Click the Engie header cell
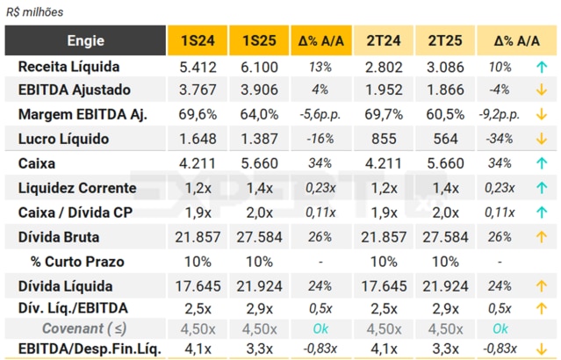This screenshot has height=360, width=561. coord(85,40)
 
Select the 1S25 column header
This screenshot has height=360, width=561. coord(258,40)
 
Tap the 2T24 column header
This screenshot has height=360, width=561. coord(383,40)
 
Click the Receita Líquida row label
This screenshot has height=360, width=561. coord(68,67)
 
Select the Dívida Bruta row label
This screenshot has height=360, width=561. coord(58,236)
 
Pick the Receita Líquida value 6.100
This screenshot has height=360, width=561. coord(258,67)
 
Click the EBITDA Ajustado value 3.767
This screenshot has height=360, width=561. coord(198,90)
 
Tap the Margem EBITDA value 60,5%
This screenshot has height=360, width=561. coord(446,114)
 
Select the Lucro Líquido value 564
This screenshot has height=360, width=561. coord(446,139)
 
